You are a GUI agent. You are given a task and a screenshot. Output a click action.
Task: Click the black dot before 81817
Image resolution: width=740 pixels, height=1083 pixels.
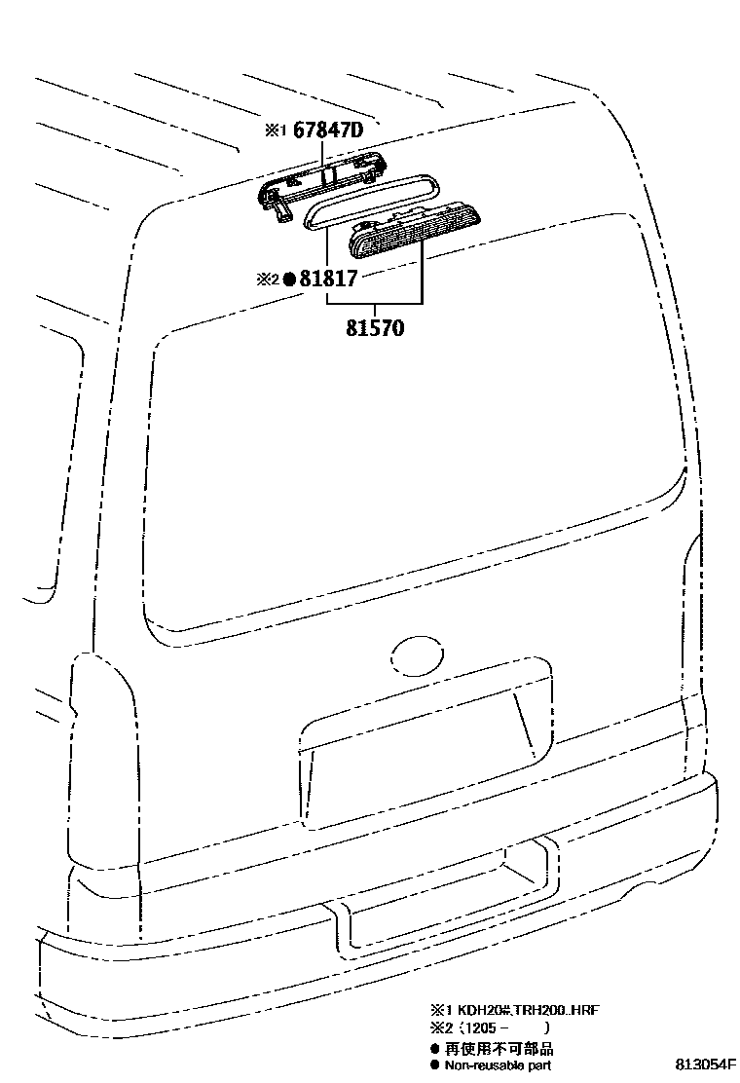(288, 280)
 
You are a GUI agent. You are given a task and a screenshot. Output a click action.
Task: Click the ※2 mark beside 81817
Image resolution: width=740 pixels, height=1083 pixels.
(267, 280)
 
